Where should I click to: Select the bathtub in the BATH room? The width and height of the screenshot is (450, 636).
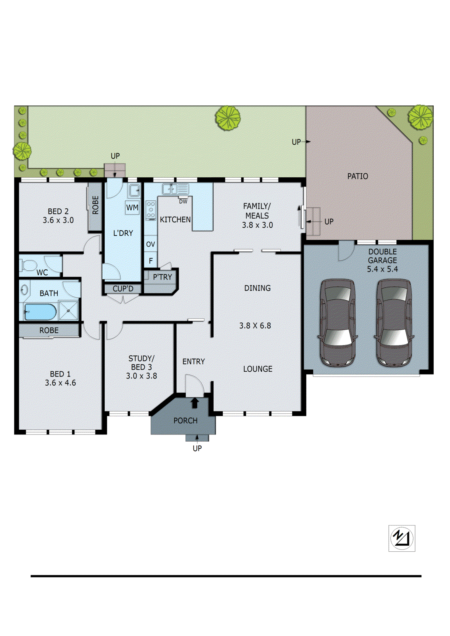pyautogui.click(x=40, y=312)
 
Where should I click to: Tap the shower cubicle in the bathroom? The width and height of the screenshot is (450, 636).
pyautogui.click(x=69, y=310)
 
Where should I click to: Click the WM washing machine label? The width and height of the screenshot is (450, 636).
pyautogui.click(x=132, y=207)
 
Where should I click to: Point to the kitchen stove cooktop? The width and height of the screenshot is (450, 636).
pyautogui.click(x=151, y=210)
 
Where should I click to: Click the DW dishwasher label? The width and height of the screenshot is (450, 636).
pyautogui.click(x=183, y=202)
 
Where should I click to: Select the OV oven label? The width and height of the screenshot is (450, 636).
pyautogui.click(x=150, y=244)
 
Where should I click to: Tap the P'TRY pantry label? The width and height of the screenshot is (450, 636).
pyautogui.click(x=162, y=277)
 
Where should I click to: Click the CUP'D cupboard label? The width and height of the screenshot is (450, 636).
pyautogui.click(x=123, y=289)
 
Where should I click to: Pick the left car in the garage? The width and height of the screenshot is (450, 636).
pyautogui.click(x=337, y=322)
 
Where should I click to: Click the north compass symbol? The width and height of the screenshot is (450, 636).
pyautogui.click(x=402, y=538)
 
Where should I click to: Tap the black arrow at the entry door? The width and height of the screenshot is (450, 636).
pyautogui.click(x=195, y=403)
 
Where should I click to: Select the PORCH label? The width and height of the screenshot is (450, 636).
pyautogui.click(x=185, y=421)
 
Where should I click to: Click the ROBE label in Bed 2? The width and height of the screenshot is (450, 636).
pyautogui.click(x=95, y=205)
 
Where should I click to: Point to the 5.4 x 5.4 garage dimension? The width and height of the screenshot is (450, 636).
pyautogui.click(x=382, y=269)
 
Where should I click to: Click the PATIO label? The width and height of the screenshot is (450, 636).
pyautogui.click(x=357, y=176)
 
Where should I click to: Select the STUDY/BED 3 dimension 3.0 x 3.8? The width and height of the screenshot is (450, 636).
pyautogui.click(x=141, y=376)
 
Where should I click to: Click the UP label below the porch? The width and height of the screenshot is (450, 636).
pyautogui.click(x=197, y=448)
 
